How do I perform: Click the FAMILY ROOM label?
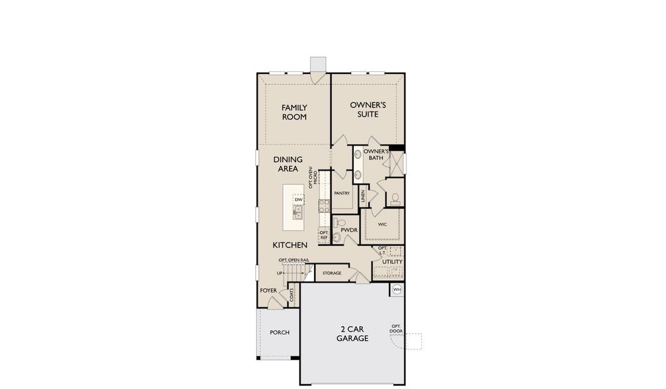294,112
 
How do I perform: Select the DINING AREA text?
286,164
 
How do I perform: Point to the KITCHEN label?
290,245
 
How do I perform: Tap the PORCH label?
280,333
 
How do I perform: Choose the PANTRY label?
341,193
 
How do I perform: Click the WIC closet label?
383,224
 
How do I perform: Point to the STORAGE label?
332,273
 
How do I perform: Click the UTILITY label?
392,262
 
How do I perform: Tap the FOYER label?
268,290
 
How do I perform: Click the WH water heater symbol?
397,289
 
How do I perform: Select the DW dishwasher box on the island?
299,199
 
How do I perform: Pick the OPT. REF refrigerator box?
324,235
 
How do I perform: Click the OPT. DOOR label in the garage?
396,329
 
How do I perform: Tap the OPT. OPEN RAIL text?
294,260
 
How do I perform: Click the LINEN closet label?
364,194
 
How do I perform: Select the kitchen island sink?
299,211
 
